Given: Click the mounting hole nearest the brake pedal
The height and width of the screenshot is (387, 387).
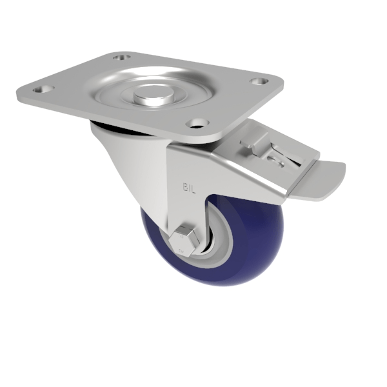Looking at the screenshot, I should (259, 82).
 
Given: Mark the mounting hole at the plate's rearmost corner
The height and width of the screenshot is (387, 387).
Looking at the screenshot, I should (120, 57).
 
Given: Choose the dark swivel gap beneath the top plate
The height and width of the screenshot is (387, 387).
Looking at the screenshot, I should (116, 129).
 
